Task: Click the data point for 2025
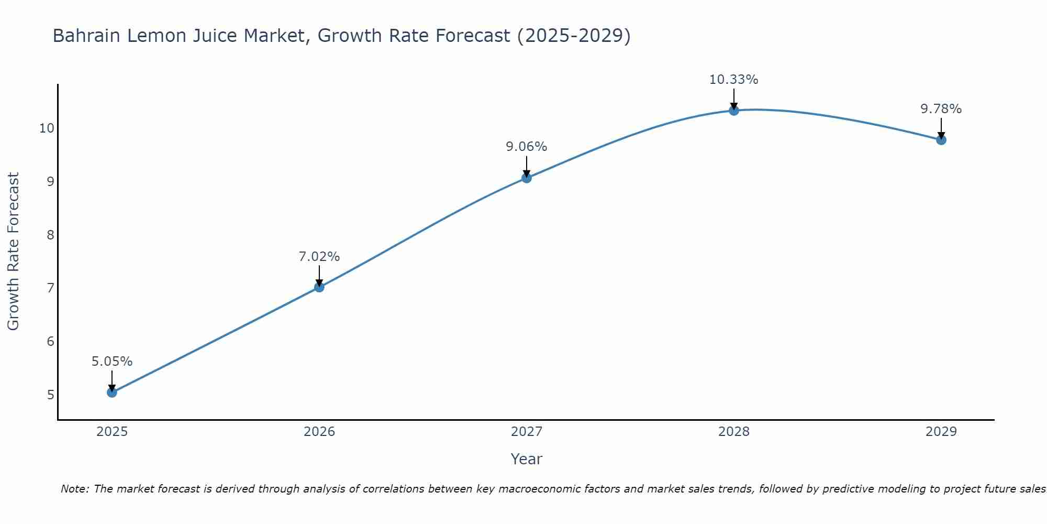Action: click(112, 392)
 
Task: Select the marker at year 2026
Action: click(319, 287)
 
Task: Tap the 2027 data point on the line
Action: click(527, 178)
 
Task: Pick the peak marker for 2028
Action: click(734, 111)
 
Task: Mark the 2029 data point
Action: click(941, 140)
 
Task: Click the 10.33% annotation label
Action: click(733, 80)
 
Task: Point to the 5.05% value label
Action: click(112, 362)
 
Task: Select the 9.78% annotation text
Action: click(941, 109)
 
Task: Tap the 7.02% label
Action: click(319, 257)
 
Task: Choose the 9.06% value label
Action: click(526, 147)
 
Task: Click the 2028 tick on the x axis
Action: click(734, 432)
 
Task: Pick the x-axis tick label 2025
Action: click(112, 432)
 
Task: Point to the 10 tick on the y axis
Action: click(47, 128)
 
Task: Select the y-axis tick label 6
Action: click(50, 342)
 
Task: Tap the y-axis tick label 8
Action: click(50, 235)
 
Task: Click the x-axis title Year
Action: click(526, 459)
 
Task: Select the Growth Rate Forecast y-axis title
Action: click(14, 252)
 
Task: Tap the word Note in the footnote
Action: click(74, 489)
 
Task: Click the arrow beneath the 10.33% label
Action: click(734, 99)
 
